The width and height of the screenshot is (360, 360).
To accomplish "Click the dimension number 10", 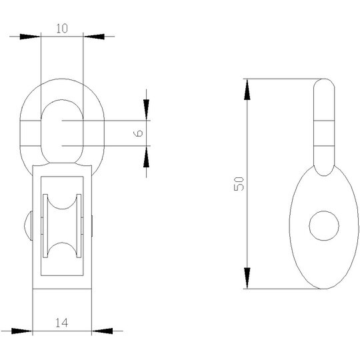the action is pos(62,28).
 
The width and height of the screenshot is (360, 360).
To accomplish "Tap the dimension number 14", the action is pos(62,323).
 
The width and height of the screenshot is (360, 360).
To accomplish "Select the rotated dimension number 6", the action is pos(138,133).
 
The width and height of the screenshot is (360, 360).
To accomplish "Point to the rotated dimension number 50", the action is pos(239,184).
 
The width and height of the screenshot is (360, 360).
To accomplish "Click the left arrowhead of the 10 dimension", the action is pos(30,37).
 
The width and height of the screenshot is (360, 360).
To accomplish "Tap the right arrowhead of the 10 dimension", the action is pos(94,37).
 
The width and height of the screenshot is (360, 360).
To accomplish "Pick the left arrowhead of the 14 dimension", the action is pos(22,331).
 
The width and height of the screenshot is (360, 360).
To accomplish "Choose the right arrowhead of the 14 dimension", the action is pos(103,331).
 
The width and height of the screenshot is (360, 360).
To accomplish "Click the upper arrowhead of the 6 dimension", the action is pos(146,110).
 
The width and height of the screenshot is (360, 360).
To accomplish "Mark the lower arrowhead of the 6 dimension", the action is pos(146,157).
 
